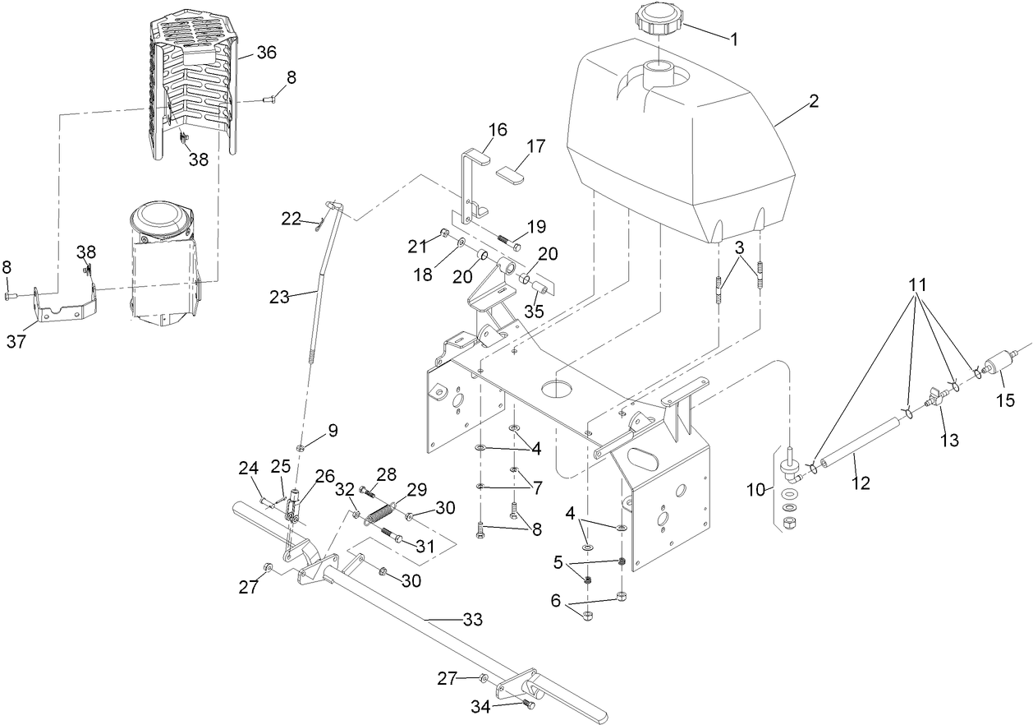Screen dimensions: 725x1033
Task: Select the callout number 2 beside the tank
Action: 813,102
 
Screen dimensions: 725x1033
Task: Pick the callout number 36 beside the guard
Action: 266,52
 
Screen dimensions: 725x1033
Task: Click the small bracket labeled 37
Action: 65,308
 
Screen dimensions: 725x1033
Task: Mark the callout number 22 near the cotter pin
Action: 292,218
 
